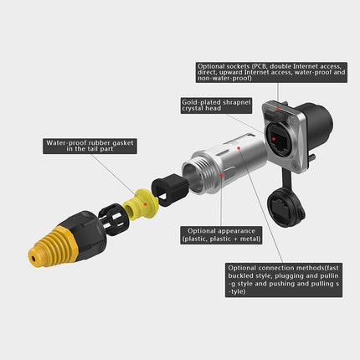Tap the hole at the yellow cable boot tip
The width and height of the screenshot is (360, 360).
pos(34,260)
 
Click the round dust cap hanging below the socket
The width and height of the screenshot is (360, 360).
pos(286,208)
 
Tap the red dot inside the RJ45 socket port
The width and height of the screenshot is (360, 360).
pos(274,139)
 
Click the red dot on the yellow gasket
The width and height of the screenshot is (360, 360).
pos(146,204)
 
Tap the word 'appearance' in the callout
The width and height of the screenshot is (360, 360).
pos(237,231)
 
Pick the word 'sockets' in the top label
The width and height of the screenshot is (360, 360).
pos(238,66)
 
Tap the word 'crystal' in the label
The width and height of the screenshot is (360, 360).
pos(192,109)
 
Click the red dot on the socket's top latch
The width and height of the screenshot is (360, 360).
pos(278,108)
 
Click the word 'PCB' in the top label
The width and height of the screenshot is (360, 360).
pos(259,66)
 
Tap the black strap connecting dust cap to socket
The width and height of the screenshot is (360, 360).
pos(285,179)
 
